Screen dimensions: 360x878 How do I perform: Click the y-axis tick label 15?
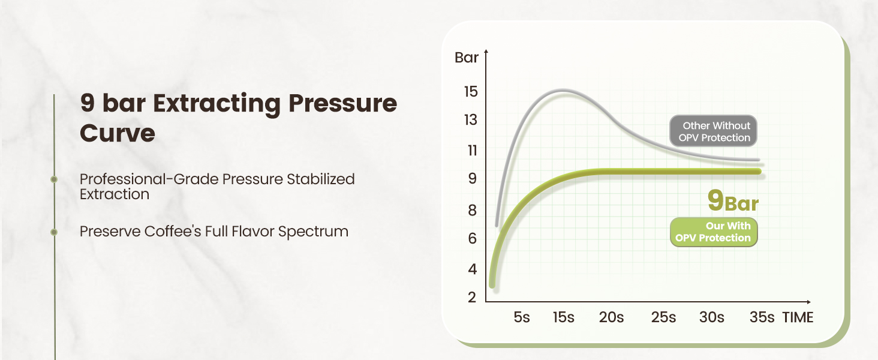pos(470,92)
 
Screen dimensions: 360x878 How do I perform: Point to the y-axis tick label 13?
pos(470,120)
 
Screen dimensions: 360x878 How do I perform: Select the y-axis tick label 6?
pos(472,239)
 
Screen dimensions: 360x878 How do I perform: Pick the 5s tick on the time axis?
pos(522,317)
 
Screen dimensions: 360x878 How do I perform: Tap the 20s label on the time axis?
pos(611,317)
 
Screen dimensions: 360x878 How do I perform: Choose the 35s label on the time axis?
pos(762,317)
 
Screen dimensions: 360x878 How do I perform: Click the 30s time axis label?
pos(711,317)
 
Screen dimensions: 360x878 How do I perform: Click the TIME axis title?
pos(798,317)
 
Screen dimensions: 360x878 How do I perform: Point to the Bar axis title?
pos(467,58)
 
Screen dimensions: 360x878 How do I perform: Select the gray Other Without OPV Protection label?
pos(714,131)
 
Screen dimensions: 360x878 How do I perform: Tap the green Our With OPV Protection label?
pos(714,232)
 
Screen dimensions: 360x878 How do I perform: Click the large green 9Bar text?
pos(733,202)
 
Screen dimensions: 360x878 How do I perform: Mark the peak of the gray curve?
pos(564,91)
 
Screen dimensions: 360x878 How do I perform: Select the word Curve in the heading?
pos(118,133)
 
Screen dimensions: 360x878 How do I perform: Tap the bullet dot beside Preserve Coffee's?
pos(54,231)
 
